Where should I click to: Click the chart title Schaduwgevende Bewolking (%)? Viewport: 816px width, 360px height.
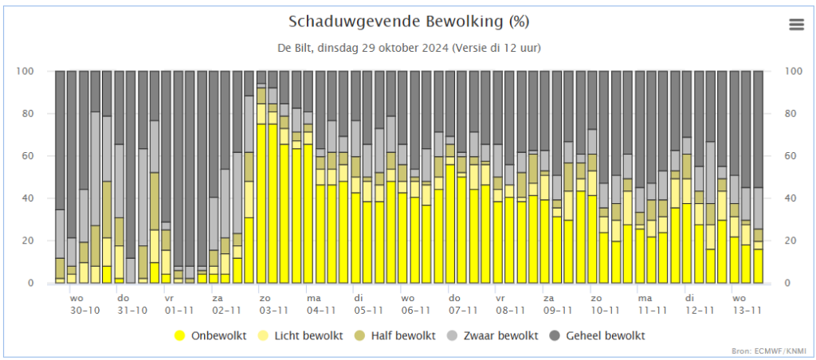click(409, 22)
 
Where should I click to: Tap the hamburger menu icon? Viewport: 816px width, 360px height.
click(797, 25)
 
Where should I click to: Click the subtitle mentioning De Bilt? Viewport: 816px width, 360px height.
click(409, 49)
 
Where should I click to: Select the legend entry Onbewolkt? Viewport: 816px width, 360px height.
click(210, 335)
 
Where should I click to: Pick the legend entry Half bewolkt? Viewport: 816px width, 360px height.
click(396, 335)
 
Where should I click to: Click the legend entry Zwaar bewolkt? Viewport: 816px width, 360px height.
click(492, 335)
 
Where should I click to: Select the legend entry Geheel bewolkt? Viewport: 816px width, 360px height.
click(598, 335)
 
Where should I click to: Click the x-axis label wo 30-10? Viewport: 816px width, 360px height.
click(84, 304)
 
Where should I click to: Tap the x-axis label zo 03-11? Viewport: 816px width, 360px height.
click(273, 304)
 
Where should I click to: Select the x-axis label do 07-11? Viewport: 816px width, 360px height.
click(463, 304)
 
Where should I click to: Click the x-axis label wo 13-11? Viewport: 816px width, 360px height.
click(747, 304)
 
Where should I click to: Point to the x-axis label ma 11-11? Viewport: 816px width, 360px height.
click(652, 304)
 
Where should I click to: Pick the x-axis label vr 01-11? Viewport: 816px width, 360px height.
click(178, 304)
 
